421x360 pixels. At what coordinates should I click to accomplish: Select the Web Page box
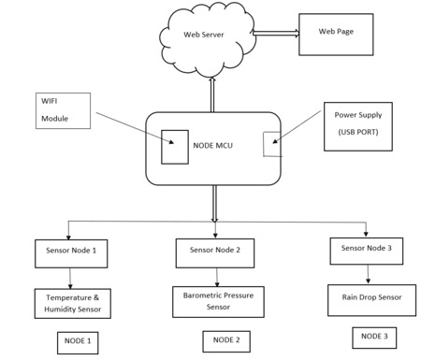[x=335, y=34]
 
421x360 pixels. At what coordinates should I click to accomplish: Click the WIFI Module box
[x=63, y=109]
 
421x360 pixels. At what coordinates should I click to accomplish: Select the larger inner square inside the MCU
[x=174, y=145]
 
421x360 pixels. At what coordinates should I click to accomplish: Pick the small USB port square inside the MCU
[x=270, y=145]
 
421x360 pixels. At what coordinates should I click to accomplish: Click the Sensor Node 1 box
[x=71, y=252]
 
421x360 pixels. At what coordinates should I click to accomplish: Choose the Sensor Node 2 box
[x=215, y=252]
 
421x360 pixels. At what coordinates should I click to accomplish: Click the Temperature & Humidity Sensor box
[x=72, y=301]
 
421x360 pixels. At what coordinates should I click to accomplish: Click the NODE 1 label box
[x=75, y=339]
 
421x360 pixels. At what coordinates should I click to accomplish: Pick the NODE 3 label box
[x=372, y=336]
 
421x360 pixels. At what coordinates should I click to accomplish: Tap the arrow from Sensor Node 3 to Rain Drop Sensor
[x=367, y=273]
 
